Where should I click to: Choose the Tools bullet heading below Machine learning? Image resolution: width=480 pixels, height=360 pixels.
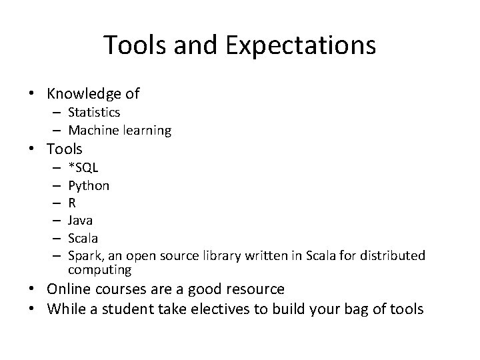[x=65, y=149]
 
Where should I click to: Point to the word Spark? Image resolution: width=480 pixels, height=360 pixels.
[x=83, y=256]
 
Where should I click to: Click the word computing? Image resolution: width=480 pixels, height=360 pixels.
[x=99, y=270]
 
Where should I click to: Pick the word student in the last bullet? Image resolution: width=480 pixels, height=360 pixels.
[x=133, y=309]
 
